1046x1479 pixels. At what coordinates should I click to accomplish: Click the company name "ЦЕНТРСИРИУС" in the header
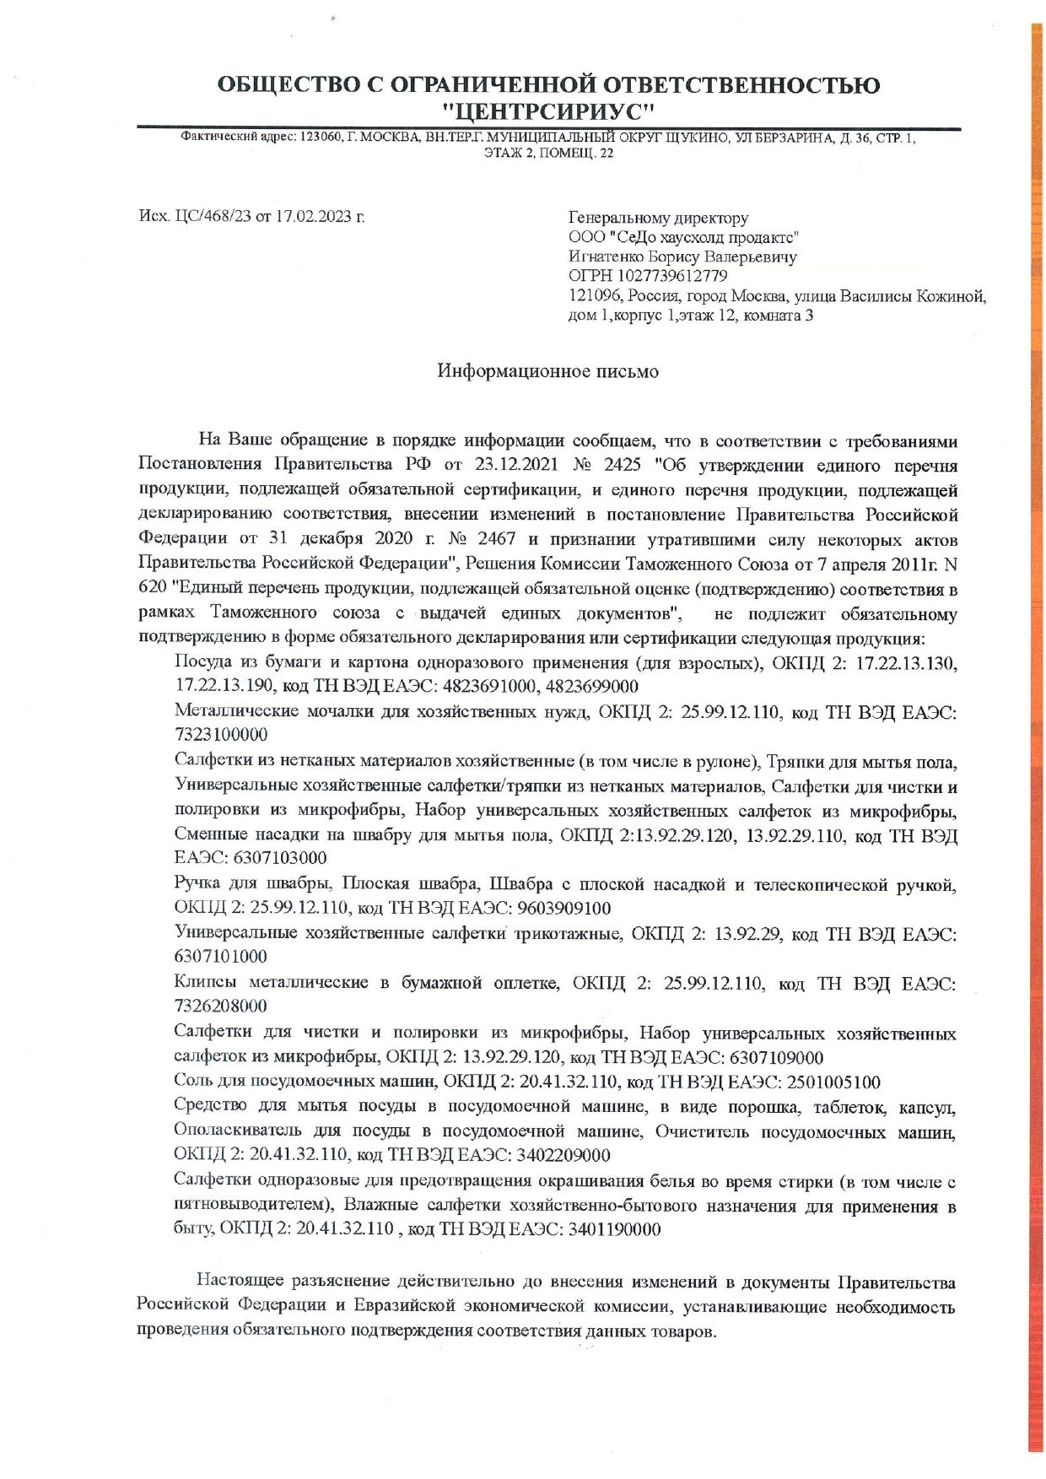pyautogui.click(x=549, y=111)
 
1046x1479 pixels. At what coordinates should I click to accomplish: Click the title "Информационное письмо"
pyautogui.click(x=547, y=371)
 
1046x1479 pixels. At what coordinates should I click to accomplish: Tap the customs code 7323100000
pyautogui.click(x=221, y=735)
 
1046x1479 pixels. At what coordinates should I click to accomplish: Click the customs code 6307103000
pyautogui.click(x=280, y=858)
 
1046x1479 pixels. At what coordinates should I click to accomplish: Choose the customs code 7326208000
pyautogui.click(x=221, y=1007)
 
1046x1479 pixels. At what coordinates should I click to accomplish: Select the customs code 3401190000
pyautogui.click(x=614, y=1229)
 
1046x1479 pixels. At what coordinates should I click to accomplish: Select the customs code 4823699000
pyautogui.click(x=588, y=686)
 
